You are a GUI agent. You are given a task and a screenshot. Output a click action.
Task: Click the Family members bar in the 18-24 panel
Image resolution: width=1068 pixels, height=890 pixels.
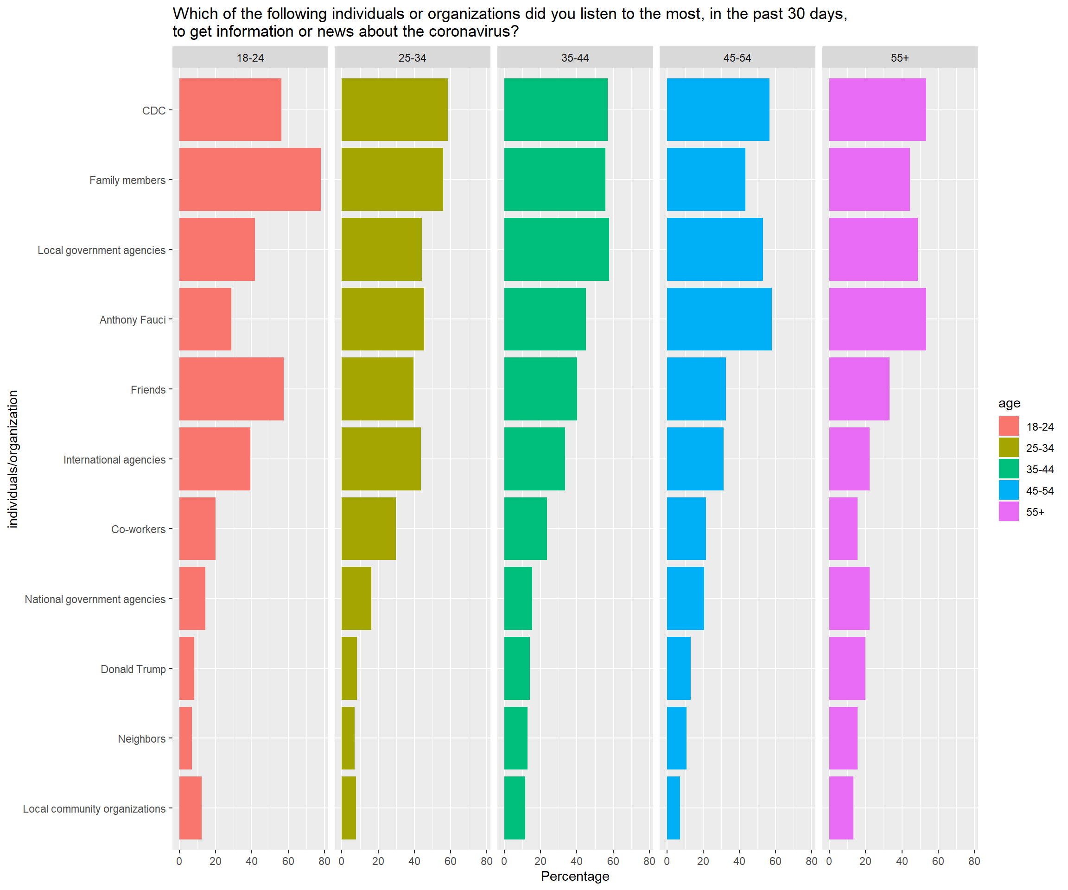point(250,179)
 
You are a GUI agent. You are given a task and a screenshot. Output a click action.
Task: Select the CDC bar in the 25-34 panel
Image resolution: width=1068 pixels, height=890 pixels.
point(394,109)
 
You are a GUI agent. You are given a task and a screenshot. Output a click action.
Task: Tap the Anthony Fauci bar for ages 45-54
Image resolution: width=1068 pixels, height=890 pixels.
point(718,319)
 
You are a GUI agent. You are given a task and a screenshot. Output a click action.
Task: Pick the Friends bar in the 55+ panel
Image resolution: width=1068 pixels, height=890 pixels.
point(859,389)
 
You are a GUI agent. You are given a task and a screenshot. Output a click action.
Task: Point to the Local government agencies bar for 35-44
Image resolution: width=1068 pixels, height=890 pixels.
point(556,249)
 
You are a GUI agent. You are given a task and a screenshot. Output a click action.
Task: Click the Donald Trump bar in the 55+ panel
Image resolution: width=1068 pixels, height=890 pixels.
point(847,668)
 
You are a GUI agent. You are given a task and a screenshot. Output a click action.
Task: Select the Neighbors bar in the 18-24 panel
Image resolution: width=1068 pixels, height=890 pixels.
point(185,738)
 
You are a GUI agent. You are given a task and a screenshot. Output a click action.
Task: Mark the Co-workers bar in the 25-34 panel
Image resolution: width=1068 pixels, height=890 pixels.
point(369,528)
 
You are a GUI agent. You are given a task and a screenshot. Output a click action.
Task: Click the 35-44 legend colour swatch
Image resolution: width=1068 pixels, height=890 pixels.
point(1009,469)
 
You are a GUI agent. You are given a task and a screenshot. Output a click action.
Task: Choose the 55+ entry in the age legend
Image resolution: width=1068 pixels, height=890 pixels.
point(1035,512)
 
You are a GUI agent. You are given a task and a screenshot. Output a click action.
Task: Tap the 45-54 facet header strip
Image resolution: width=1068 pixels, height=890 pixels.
point(737,57)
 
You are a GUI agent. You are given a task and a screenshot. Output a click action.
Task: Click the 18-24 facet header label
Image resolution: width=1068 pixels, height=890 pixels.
point(250,58)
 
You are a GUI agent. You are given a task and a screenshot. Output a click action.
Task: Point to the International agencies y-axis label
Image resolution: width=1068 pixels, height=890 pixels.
point(114,460)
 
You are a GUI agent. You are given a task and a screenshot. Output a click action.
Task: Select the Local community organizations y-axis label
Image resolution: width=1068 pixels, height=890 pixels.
point(94,808)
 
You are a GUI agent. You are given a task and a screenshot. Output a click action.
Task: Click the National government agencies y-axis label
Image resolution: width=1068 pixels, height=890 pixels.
point(95,599)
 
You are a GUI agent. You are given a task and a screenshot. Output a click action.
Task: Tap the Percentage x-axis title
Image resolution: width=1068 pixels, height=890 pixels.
point(575,876)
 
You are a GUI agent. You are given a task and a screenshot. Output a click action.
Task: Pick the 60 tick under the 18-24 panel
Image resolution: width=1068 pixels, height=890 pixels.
point(288,861)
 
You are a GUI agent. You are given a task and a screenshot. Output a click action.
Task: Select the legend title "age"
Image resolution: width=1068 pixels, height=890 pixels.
point(1009,403)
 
